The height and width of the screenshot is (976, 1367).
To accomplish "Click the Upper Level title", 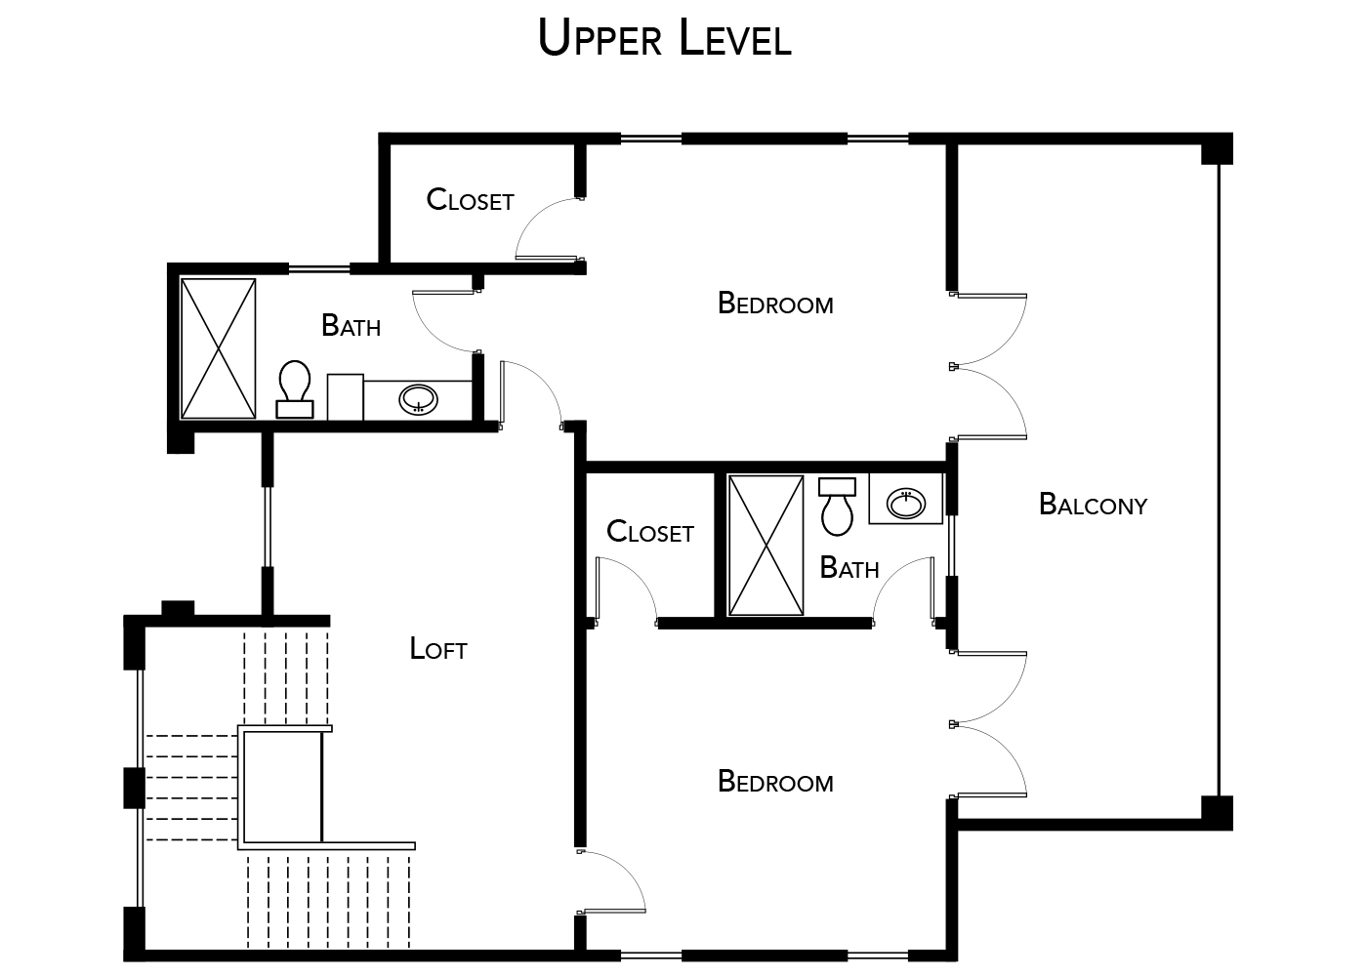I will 664,39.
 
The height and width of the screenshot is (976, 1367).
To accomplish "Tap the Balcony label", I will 1093,505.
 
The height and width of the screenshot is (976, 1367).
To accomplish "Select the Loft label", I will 438,649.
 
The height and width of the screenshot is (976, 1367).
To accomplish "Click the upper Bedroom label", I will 775,304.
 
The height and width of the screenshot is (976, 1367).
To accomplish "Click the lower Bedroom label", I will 775,782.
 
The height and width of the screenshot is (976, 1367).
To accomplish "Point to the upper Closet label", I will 470,200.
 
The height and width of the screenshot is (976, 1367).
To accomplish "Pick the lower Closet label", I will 649,532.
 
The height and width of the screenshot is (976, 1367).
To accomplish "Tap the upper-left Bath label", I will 351,325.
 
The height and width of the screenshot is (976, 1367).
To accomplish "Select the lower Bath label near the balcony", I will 849,568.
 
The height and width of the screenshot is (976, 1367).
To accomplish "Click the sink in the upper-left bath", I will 419,399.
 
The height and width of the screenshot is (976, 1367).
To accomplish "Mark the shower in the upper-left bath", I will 219,348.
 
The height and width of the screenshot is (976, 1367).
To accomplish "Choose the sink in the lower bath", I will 906,503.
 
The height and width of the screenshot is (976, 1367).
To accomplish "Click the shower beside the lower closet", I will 766,545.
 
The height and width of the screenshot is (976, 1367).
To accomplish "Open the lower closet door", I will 623,589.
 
